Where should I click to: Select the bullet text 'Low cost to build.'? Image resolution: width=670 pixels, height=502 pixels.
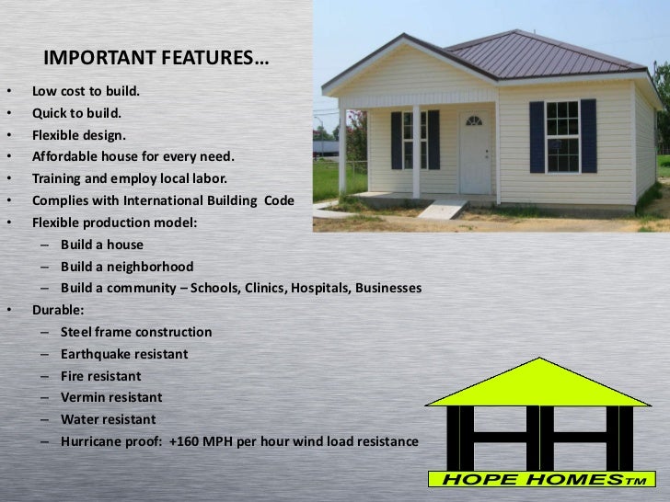point(87,93)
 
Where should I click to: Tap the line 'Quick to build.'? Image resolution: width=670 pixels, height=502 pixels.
point(76,114)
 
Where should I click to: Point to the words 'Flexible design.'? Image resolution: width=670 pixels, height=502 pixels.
point(80,135)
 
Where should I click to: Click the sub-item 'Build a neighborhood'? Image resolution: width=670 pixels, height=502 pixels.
point(127,267)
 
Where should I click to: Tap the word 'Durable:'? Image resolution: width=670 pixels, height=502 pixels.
point(58,311)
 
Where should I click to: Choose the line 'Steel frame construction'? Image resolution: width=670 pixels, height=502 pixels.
point(136,332)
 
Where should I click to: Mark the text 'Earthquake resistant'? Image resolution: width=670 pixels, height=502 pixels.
point(124,354)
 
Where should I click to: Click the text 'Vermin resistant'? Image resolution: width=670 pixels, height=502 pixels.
point(111,398)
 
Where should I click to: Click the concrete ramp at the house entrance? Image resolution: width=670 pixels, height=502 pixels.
point(443,209)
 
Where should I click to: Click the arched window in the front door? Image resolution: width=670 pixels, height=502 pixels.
point(474,120)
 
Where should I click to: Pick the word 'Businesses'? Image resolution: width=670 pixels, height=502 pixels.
point(388,289)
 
